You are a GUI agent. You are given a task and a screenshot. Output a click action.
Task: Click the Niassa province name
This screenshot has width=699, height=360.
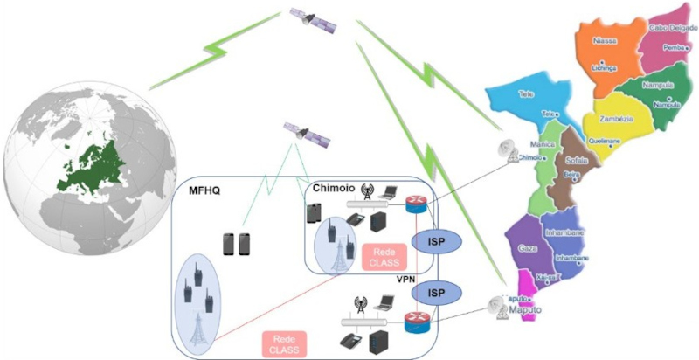605,38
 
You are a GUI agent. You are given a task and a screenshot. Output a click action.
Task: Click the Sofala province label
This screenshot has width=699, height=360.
578,161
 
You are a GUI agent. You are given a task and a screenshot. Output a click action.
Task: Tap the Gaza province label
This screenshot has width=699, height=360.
529,248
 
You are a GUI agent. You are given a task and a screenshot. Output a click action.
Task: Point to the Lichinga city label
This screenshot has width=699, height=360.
605,67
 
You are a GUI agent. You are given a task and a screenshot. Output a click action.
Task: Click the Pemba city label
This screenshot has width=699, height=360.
674,48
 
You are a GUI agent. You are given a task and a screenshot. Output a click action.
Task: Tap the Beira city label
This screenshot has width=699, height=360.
573,175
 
